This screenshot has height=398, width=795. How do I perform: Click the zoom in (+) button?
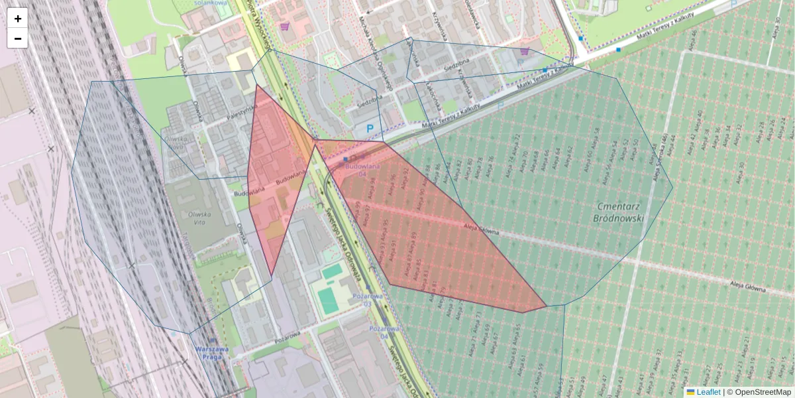tap(17, 18)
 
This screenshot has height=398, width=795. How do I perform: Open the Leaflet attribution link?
tap(708, 392)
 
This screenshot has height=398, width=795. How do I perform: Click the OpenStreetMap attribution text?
tap(763, 392)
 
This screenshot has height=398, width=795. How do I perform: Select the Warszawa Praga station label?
tap(212, 353)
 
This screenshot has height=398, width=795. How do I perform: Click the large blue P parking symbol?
tap(370, 129)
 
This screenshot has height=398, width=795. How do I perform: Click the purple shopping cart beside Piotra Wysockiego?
tap(285, 27)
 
